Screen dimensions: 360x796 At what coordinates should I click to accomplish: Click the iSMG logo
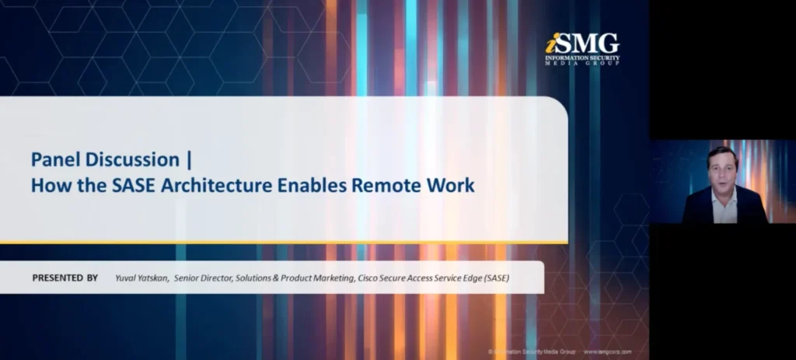[x=582, y=49]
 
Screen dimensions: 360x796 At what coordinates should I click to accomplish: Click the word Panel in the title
[x=55, y=160]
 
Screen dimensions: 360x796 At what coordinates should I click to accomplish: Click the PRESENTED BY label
[x=65, y=278]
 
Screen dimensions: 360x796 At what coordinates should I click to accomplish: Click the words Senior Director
[x=204, y=278]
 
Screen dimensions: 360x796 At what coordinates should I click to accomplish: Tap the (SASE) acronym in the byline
[x=494, y=278]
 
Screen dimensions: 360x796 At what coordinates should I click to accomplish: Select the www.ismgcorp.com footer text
[x=607, y=352]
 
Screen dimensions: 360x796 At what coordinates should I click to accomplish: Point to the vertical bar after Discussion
[x=189, y=160]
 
